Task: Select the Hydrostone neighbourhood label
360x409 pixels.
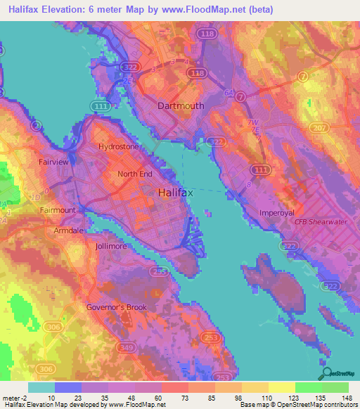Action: (x=119, y=147)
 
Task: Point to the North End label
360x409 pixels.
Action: (x=134, y=174)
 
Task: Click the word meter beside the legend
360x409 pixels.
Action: (x=12, y=397)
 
